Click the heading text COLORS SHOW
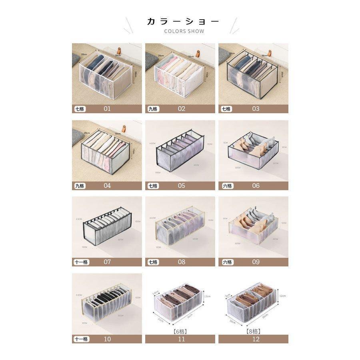pos(184,31)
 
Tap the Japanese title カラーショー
pos(183,21)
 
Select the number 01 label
pos(107,109)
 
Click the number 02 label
pos(182,109)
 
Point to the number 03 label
pos(256,109)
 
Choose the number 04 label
pos(107,186)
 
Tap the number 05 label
pos(182,186)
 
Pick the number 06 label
pos(256,186)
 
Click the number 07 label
pos(107,262)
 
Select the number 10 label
pos(107,339)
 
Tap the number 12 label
pos(256,339)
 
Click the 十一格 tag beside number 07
pos(81,262)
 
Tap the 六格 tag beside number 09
pos(227,262)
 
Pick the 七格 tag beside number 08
pos(153,262)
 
